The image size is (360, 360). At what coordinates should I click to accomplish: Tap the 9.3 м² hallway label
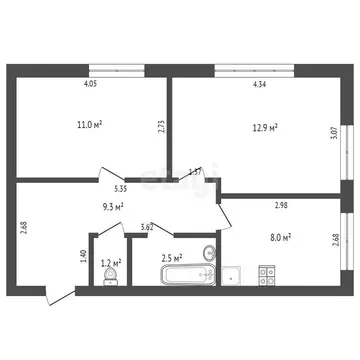(113, 206)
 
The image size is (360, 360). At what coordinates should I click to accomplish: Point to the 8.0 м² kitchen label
(282, 237)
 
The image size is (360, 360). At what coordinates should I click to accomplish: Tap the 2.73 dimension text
(160, 127)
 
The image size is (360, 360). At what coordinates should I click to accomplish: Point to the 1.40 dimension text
(83, 255)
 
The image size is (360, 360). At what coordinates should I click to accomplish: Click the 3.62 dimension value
(147, 228)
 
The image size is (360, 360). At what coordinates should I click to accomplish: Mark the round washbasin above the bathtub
(208, 251)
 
